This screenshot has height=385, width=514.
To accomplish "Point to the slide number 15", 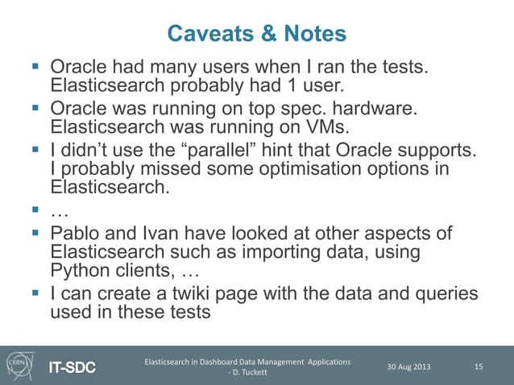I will [x=479, y=367].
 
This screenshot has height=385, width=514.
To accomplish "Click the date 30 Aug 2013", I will [x=408, y=367].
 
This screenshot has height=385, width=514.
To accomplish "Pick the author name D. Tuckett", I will [x=251, y=373].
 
